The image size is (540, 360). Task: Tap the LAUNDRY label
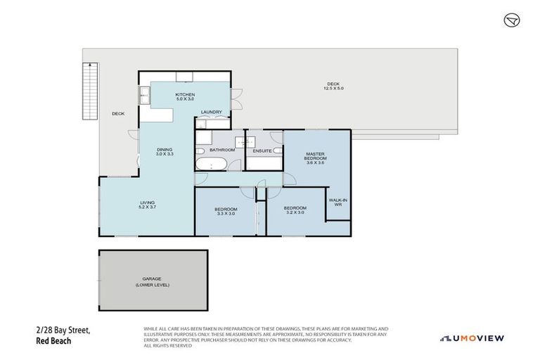[x=211, y=112]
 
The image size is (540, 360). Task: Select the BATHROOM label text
[x=221, y=150]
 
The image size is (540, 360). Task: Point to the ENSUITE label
[x=264, y=150]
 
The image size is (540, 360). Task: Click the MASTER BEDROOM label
[x=315, y=158]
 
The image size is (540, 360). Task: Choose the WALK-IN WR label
[x=338, y=202]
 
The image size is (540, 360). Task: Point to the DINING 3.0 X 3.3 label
[x=165, y=150]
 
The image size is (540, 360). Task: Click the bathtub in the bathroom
[x=211, y=166]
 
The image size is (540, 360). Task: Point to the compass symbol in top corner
[x=512, y=20]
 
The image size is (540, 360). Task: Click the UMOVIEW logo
[x=472, y=338]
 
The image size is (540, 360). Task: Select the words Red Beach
[x=53, y=341]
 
